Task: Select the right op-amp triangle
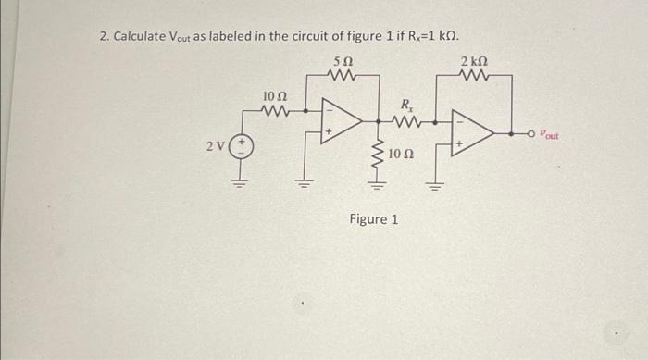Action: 471,135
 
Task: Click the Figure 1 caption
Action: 374,220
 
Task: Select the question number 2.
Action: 104,36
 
